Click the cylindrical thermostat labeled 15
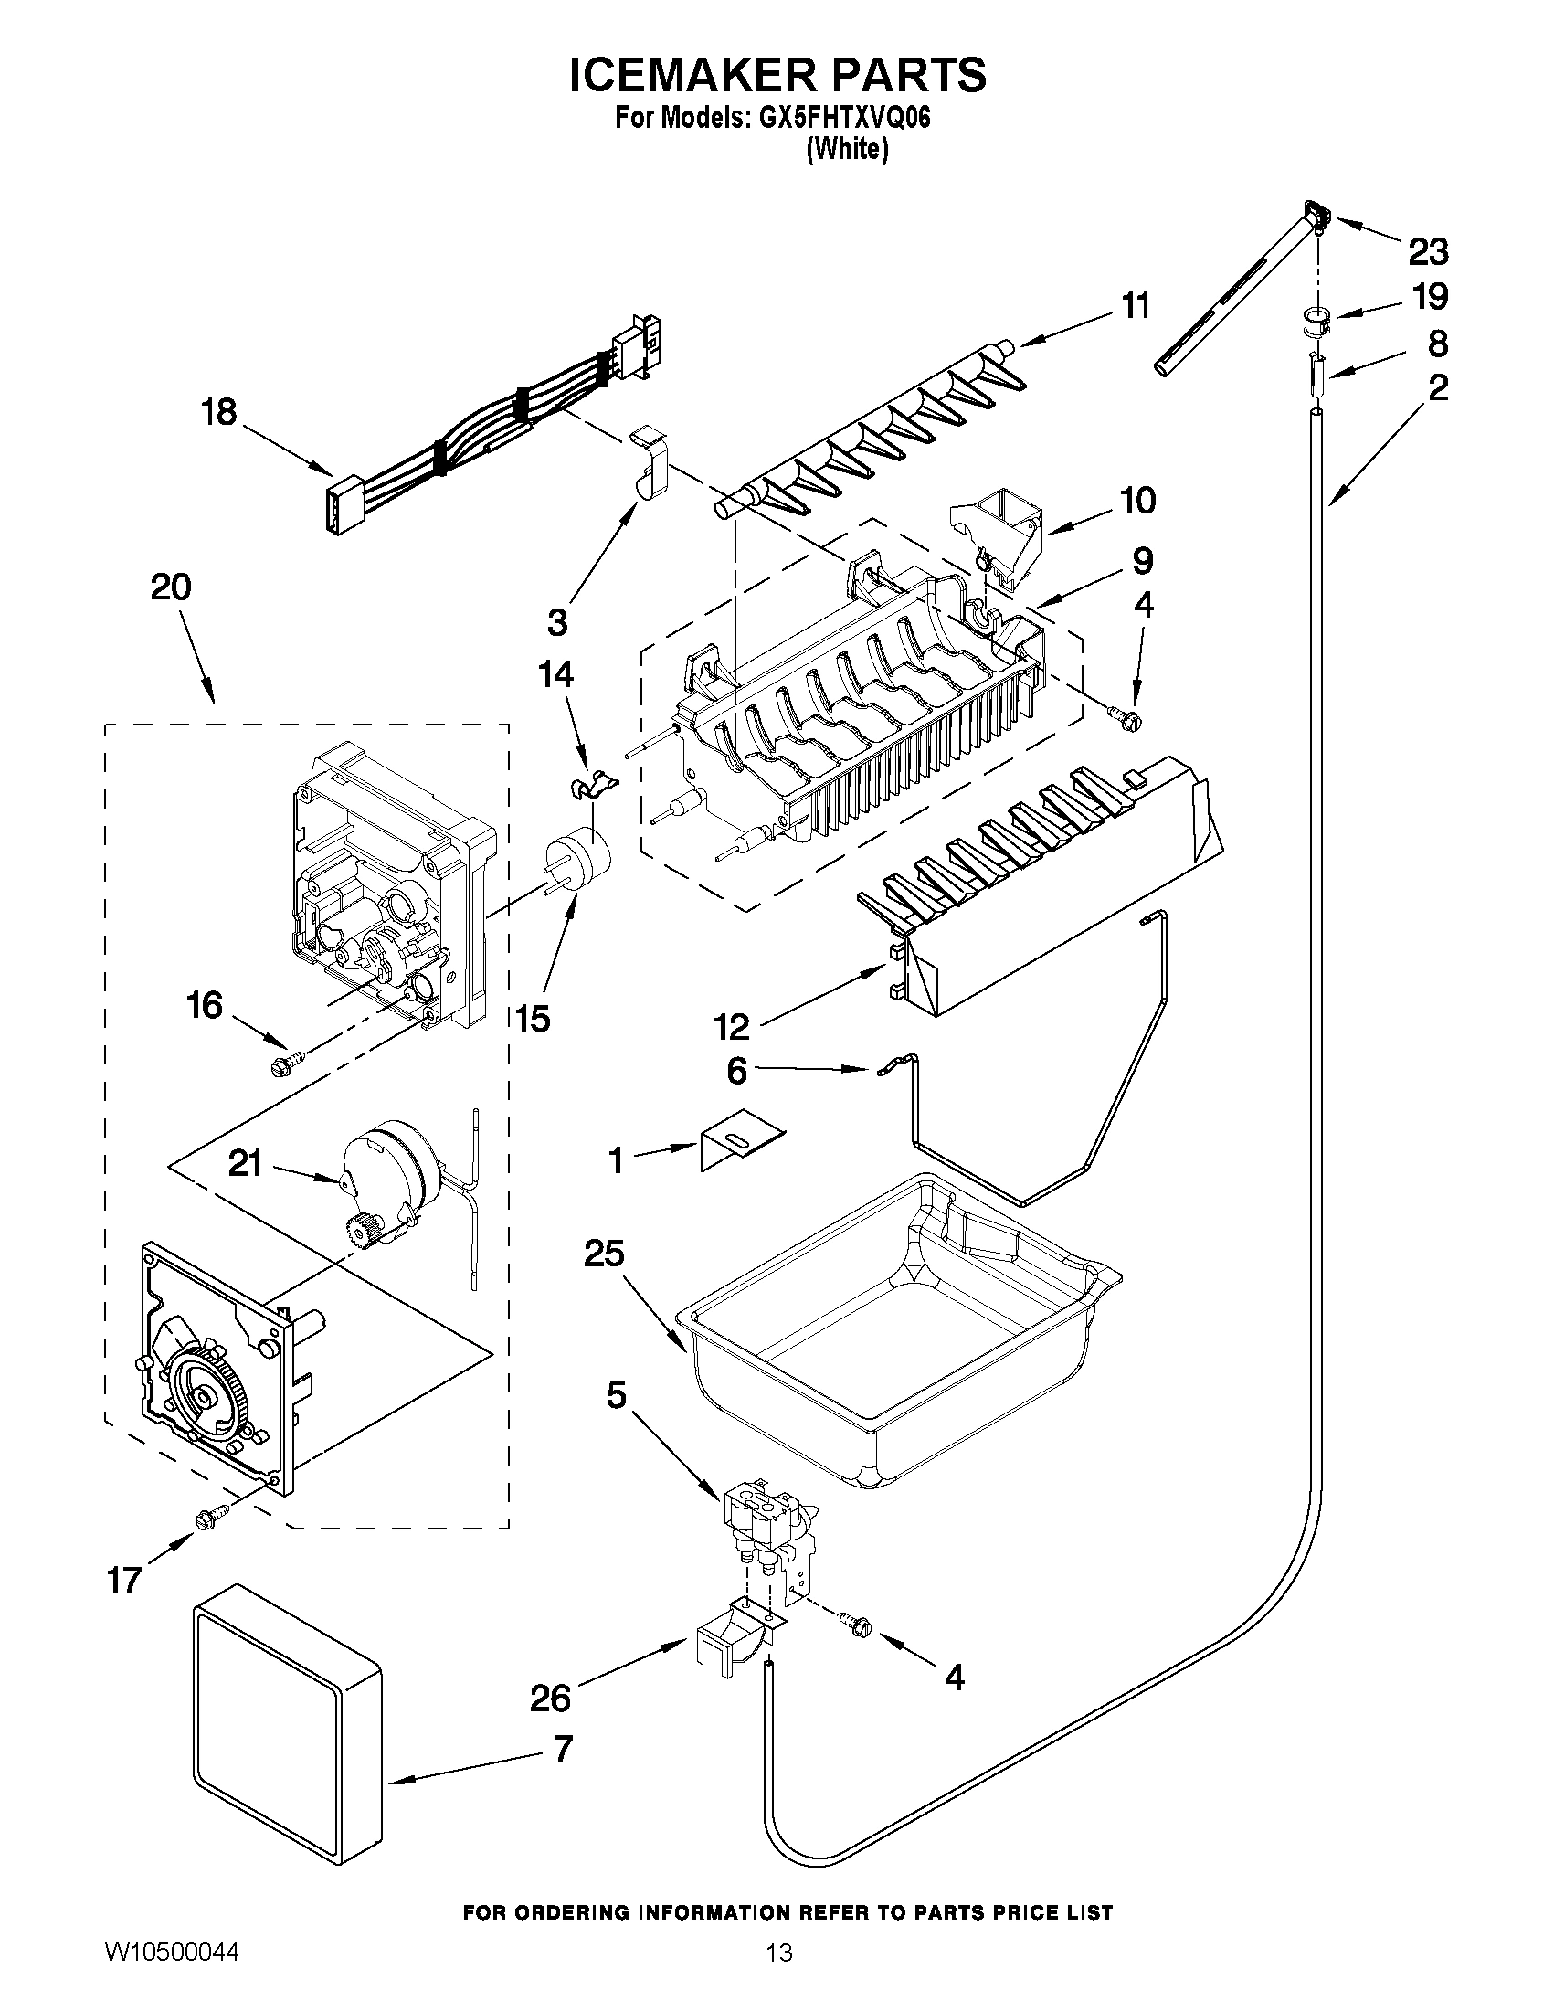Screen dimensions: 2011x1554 (578, 857)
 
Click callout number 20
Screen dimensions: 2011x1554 (171, 587)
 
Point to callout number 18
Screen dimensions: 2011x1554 (219, 411)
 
